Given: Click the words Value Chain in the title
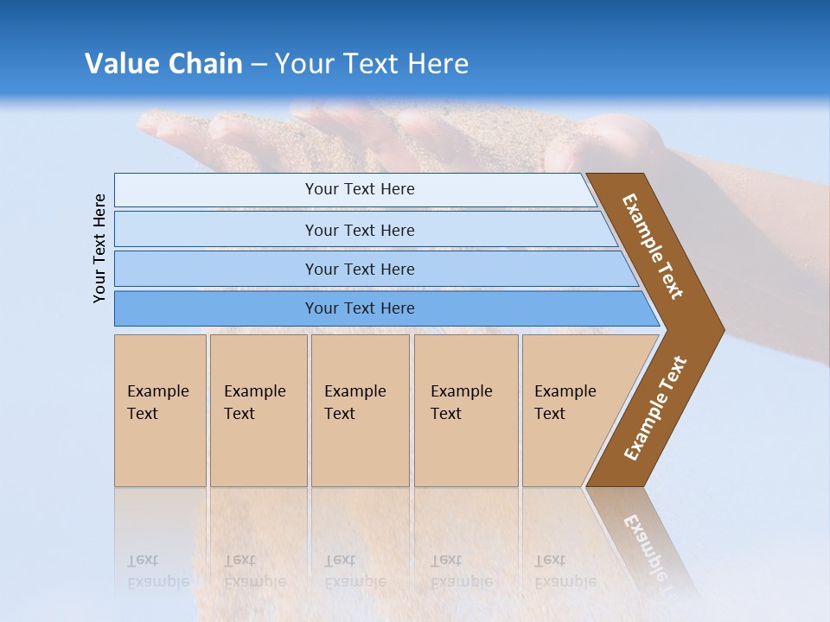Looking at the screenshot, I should click(163, 64).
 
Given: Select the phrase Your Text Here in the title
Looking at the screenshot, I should click(372, 64).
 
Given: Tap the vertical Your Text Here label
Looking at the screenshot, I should click(100, 248).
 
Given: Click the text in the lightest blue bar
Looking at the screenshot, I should click(360, 189).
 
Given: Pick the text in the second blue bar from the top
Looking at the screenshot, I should click(360, 231).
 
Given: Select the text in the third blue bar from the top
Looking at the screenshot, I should click(360, 270).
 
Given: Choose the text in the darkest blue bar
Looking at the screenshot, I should click(360, 308).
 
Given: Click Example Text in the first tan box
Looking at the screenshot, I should click(157, 403).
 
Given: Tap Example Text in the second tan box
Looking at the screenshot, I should click(254, 403).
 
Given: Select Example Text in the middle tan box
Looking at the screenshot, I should click(354, 403).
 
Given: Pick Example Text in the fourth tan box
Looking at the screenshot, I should click(461, 403).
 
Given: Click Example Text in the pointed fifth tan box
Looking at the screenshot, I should click(565, 403).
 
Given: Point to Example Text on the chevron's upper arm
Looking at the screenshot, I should click(653, 246).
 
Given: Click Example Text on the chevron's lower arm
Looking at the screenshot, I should click(654, 409).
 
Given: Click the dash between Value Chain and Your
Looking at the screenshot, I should click(259, 65).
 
